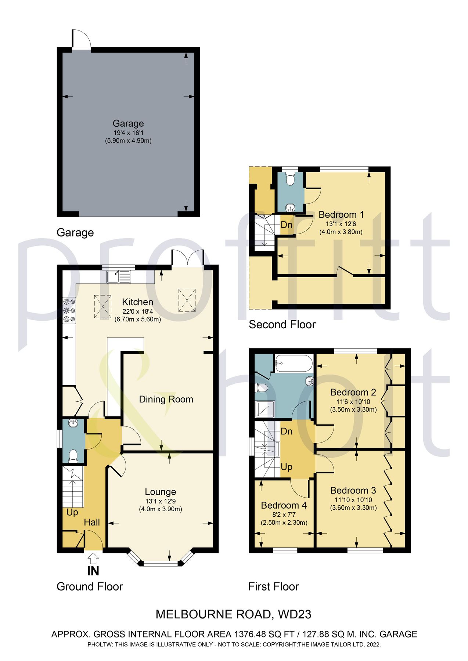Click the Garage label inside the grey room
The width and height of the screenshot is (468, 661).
(128, 123)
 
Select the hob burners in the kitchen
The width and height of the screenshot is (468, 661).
(69, 311)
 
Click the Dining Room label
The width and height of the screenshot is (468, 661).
(166, 399)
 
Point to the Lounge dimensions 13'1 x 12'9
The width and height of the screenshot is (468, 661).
(161, 501)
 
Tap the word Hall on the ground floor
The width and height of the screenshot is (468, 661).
(92, 522)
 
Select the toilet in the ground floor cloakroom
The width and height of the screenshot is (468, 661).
(73, 455)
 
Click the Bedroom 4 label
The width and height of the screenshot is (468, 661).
(284, 505)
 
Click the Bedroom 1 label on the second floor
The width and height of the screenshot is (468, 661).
(341, 214)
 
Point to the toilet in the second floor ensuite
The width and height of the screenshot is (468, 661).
(290, 180)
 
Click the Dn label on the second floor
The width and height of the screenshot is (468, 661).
(287, 224)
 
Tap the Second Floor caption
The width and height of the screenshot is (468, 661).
(282, 325)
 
